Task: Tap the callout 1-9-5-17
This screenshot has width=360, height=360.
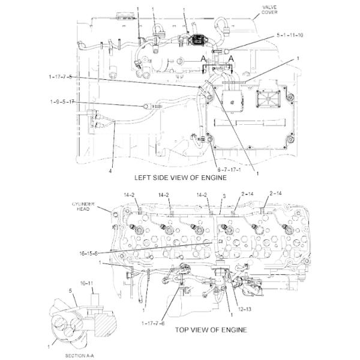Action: (x=62, y=102)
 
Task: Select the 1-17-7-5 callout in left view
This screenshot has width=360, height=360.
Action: (x=60, y=77)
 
